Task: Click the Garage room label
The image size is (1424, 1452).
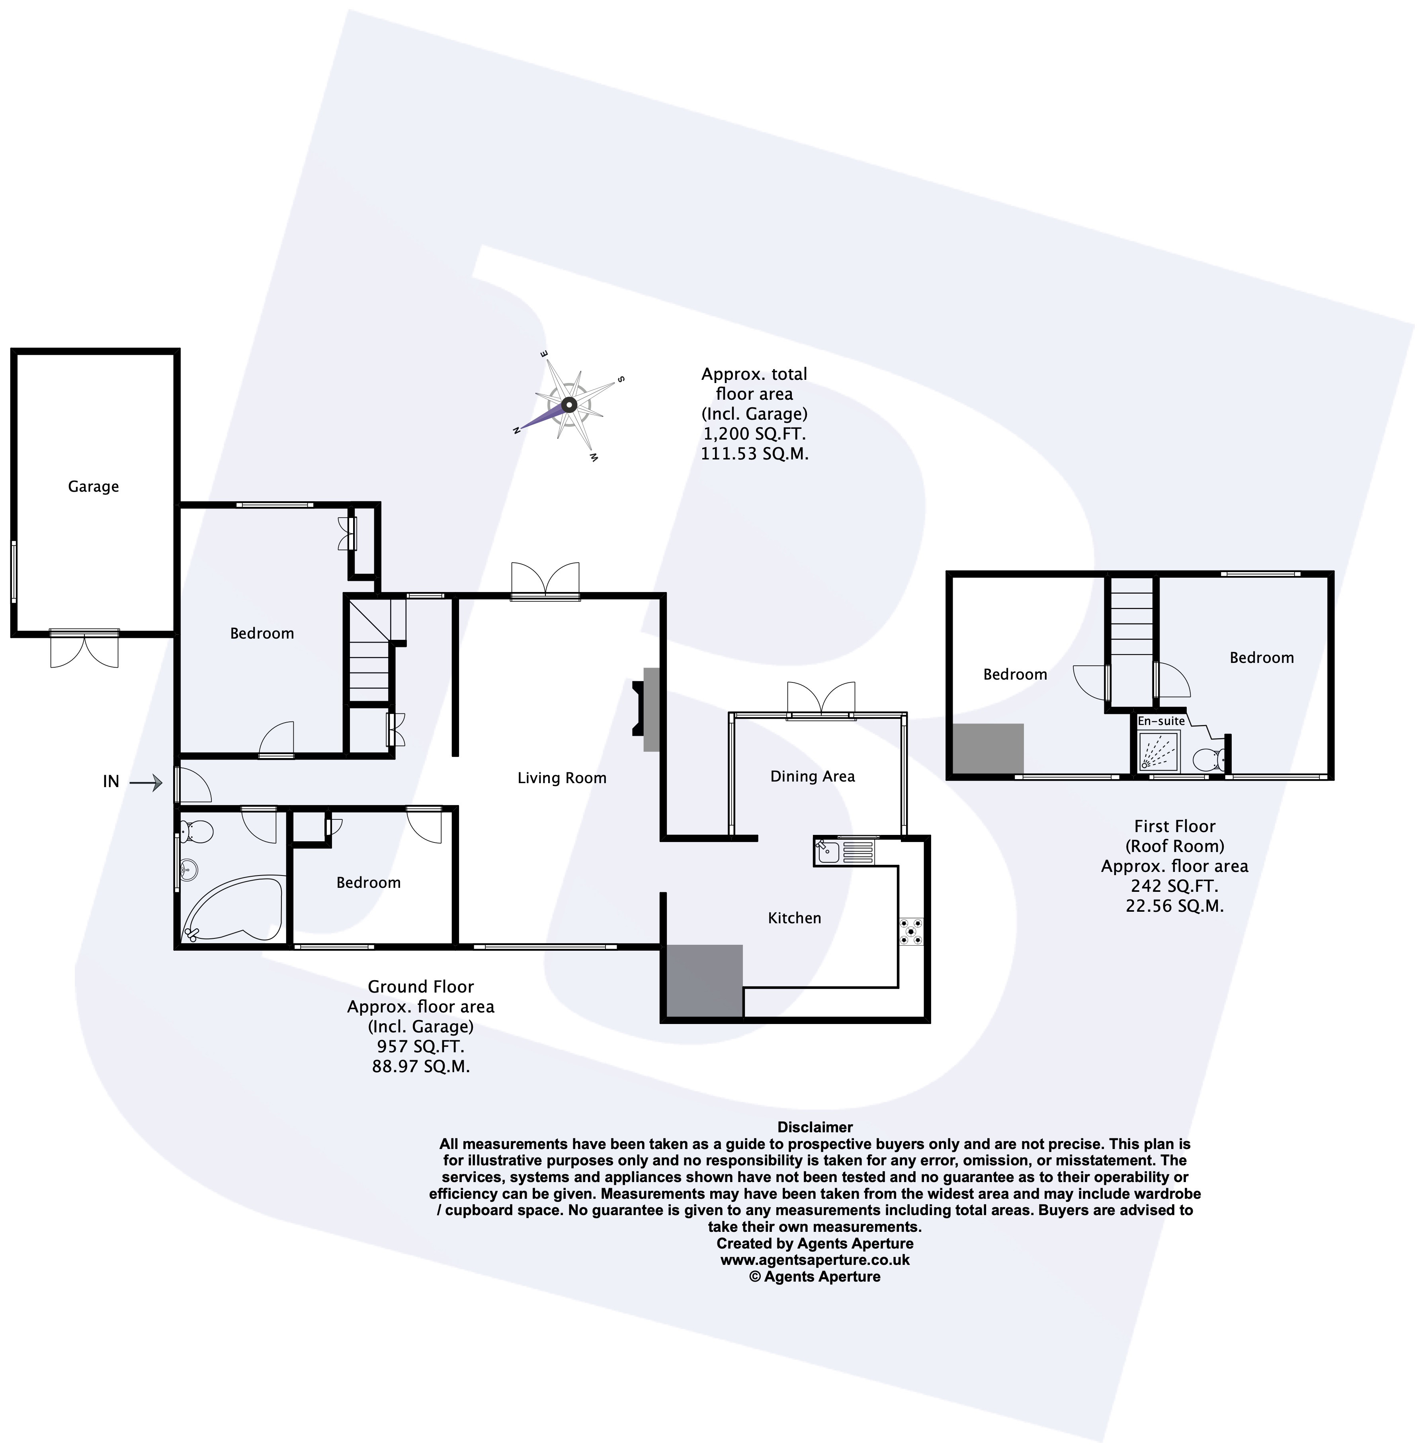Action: coord(94,486)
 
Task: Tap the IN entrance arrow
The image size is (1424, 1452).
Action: coord(146,782)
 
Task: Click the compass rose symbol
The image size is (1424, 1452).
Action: coord(568,405)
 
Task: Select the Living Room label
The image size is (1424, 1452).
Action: coord(562,778)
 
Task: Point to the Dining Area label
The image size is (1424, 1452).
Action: coord(812,776)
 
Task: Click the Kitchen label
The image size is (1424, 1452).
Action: coord(794,918)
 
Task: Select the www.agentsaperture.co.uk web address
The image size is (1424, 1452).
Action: coord(815,1260)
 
